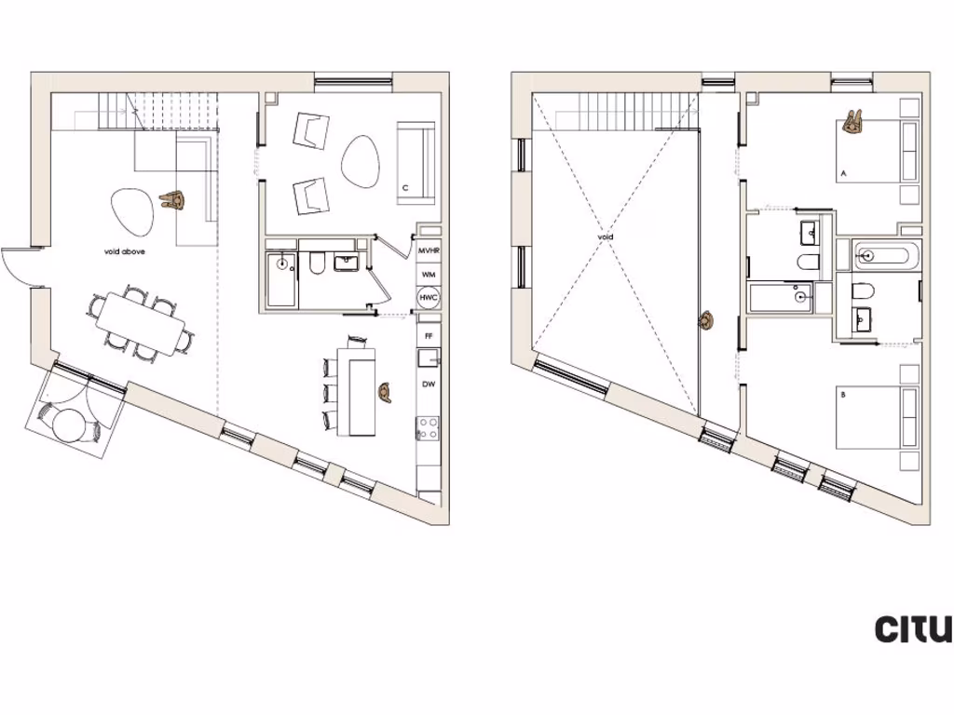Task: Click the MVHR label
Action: [429, 252]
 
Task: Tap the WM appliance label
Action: [429, 275]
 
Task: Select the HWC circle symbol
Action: [429, 298]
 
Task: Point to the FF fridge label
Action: [429, 334]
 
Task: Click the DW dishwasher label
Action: [429, 384]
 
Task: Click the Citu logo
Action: [913, 628]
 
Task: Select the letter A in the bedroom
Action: [843, 174]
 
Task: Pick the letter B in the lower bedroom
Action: [843, 395]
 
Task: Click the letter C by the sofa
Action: [404, 188]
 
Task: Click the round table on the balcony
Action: [70, 425]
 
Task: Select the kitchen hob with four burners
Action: [428, 428]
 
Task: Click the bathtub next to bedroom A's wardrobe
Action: [885, 253]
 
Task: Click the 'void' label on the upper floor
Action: [606, 237]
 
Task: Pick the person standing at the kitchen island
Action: [386, 390]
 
